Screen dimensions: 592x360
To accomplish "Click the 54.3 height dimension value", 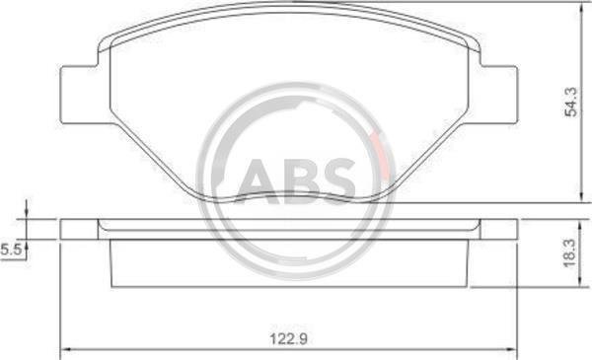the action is [570, 102].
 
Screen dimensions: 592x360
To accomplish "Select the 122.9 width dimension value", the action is [288, 338].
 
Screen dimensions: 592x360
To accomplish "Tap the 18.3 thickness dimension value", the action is [569, 252].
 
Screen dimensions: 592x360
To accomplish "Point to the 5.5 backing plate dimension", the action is [11, 250].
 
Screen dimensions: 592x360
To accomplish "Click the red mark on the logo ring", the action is [381, 155].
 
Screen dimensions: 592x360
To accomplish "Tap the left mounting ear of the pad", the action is [80, 95].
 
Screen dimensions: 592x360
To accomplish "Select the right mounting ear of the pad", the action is [498, 95].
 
